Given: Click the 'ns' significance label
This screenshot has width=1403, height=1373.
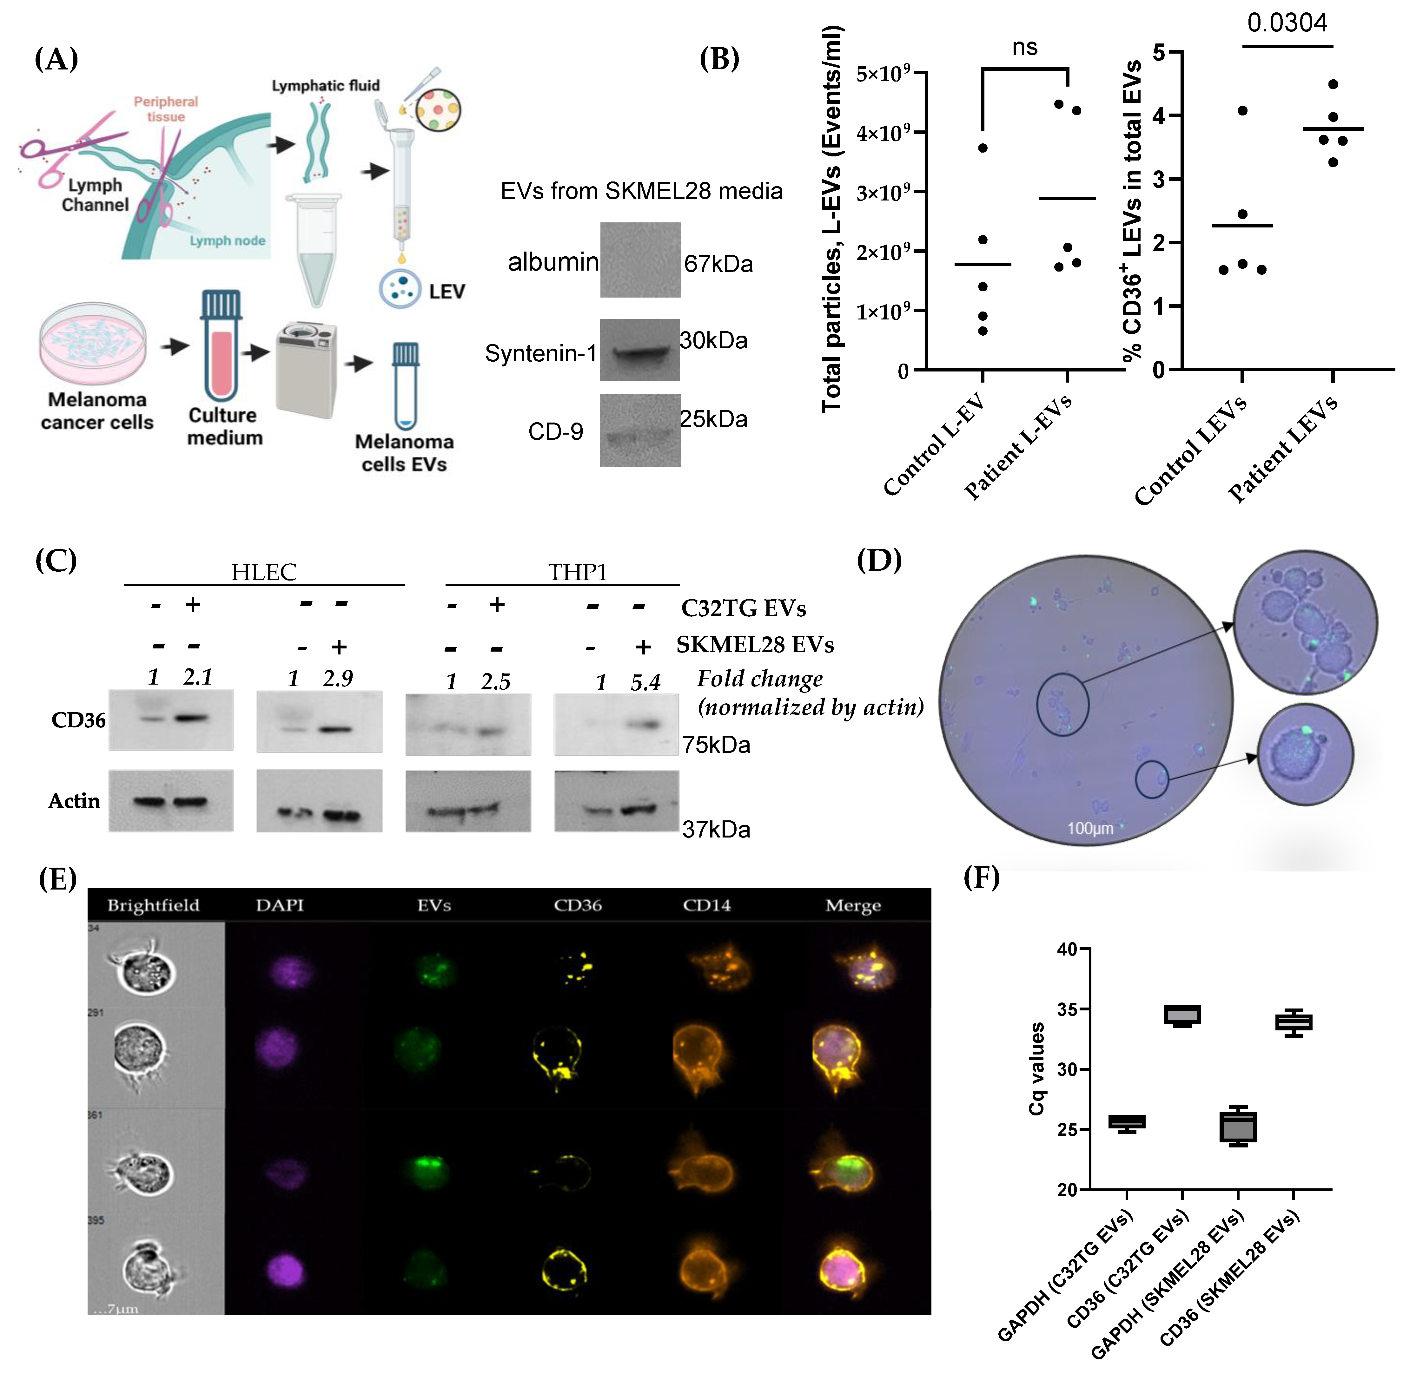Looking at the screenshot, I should coord(1024,48).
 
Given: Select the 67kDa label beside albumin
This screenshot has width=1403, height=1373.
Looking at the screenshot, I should coord(718,264).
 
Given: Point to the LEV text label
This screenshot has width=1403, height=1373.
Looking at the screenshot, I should coord(447,292).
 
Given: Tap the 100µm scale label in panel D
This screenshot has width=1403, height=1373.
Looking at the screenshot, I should coord(1090,828).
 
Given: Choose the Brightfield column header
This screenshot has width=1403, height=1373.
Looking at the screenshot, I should coord(153,905).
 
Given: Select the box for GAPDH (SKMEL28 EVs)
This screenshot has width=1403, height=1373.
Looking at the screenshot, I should coord(1238,1127).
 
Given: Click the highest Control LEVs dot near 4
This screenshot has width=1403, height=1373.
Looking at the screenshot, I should coord(1242,110).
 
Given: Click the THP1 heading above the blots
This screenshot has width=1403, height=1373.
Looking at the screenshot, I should coord(577,572).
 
